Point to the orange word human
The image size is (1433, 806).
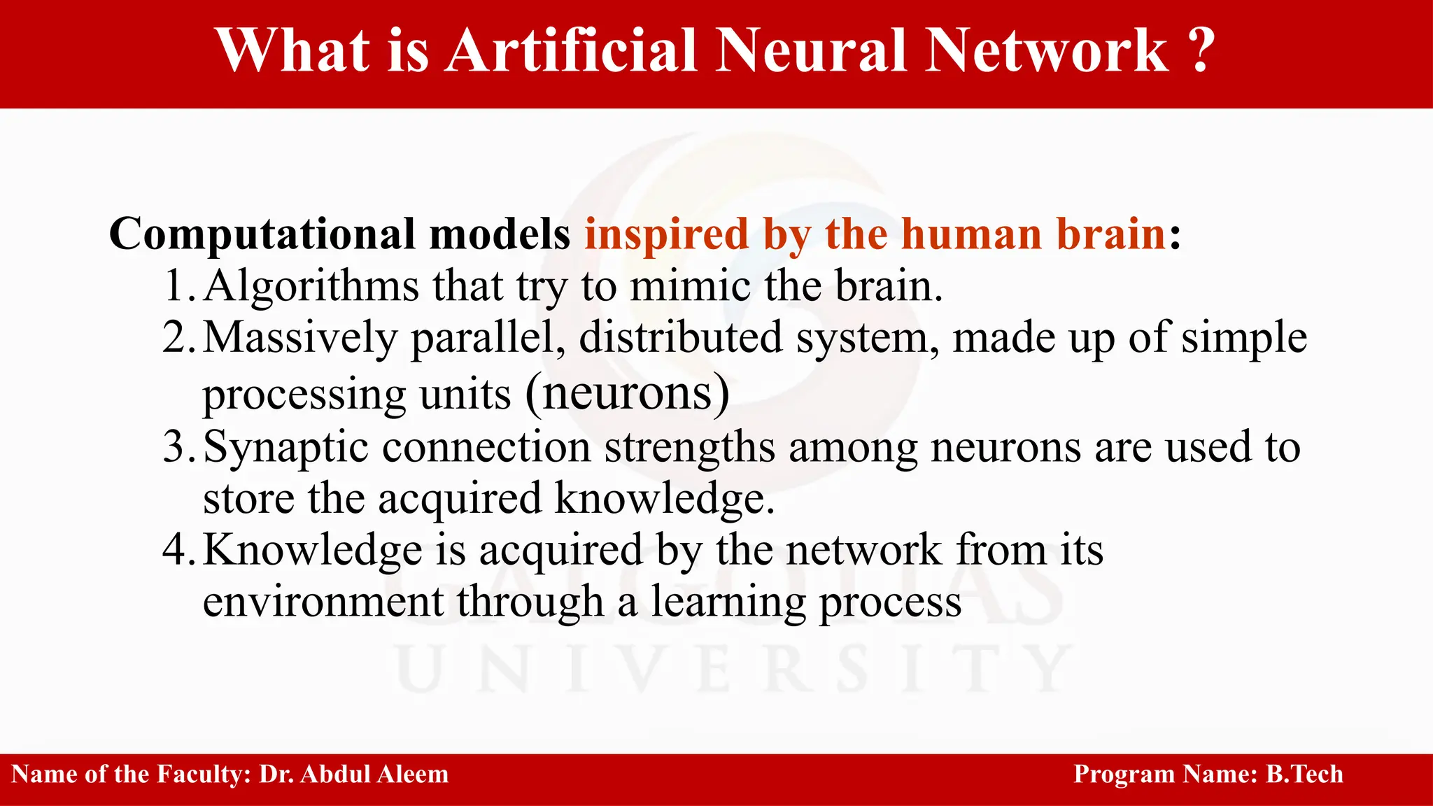(x=971, y=233)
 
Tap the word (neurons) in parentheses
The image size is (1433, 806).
(x=628, y=393)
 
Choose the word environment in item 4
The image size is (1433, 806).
(x=323, y=602)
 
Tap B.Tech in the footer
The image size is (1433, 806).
(x=1304, y=775)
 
